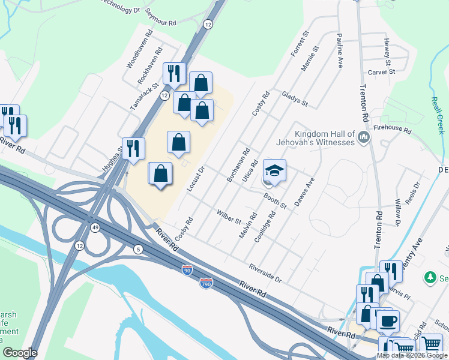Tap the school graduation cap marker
tap(274, 172)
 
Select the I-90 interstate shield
tap(188, 271)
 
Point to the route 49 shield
tap(95, 227)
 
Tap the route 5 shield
tap(138, 250)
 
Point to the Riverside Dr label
tap(265, 273)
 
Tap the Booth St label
tap(276, 200)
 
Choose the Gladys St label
tap(294, 100)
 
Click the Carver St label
tap(381, 71)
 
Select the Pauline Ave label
tap(340, 50)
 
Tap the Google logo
tap(20, 353)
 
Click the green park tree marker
tap(430, 277)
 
